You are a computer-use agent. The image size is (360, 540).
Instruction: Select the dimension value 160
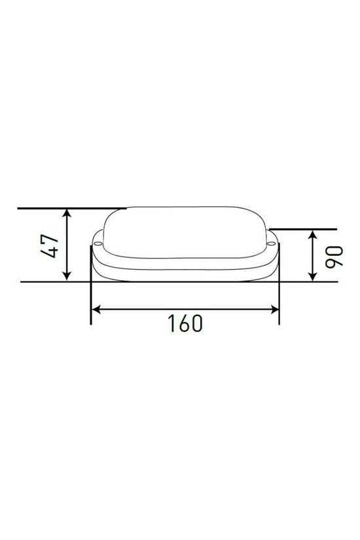click(184, 323)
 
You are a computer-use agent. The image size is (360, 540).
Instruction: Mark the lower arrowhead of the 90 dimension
click(313, 278)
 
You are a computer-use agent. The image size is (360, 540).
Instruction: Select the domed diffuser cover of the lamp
click(184, 232)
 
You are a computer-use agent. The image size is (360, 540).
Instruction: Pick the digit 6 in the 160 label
click(183, 323)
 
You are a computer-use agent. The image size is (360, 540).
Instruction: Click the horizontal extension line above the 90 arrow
click(304, 230)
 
